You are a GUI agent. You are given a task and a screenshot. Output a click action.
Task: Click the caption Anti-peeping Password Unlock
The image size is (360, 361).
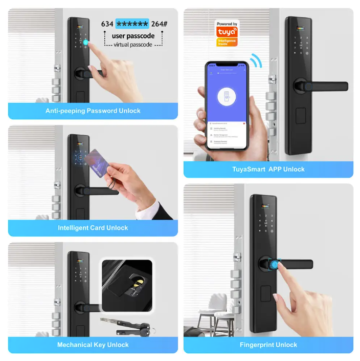pyautogui.click(x=93, y=111)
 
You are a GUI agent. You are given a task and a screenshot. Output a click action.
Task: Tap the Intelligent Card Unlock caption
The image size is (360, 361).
pyautogui.click(x=93, y=227)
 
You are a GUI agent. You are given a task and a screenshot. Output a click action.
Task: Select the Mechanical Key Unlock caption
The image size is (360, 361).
pyautogui.click(x=93, y=345)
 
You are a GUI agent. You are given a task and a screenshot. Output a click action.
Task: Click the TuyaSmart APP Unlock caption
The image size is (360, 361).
pyautogui.click(x=268, y=169)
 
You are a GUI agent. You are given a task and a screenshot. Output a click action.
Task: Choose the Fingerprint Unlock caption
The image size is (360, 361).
pyautogui.click(x=268, y=345)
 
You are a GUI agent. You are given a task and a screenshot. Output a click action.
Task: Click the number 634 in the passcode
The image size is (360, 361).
pyautogui.click(x=107, y=24)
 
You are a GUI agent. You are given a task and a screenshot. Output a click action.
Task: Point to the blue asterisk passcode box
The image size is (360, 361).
pyautogui.click(x=132, y=24)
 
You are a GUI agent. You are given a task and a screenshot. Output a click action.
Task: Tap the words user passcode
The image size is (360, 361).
pyautogui.click(x=133, y=36)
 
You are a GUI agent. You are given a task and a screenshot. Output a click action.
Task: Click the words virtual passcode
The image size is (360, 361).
pyautogui.click(x=133, y=45)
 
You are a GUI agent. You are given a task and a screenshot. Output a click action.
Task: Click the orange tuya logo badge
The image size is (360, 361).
pyautogui.click(x=227, y=33)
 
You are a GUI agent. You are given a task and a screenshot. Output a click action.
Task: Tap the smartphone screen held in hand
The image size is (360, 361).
pyautogui.click(x=227, y=105)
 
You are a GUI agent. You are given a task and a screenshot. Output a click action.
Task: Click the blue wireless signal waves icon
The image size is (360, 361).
pyautogui.click(x=255, y=61)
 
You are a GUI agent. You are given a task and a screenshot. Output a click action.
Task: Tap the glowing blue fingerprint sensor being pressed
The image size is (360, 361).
pyautogui.click(x=274, y=265)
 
